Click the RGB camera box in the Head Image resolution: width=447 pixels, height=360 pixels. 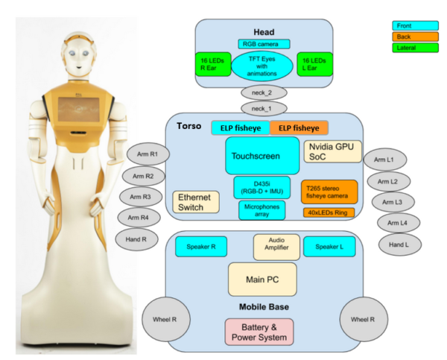pos(264,44)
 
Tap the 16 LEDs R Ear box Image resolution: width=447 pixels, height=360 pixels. pos(212,63)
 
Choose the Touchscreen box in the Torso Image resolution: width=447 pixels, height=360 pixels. pos(257,157)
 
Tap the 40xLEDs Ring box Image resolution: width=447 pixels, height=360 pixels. pos(329,212)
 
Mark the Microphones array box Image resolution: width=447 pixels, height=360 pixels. pos(261,210)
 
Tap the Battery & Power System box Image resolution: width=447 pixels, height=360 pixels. pos(259,331)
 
